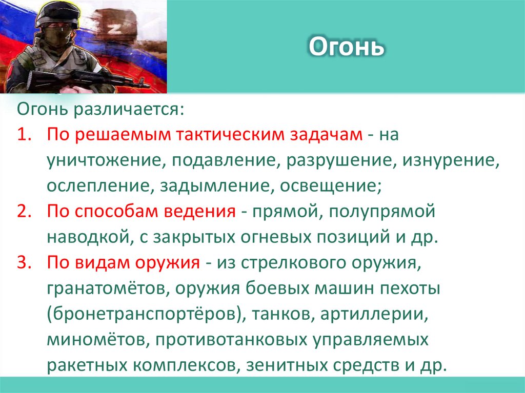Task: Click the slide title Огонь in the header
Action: coord(346,48)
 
